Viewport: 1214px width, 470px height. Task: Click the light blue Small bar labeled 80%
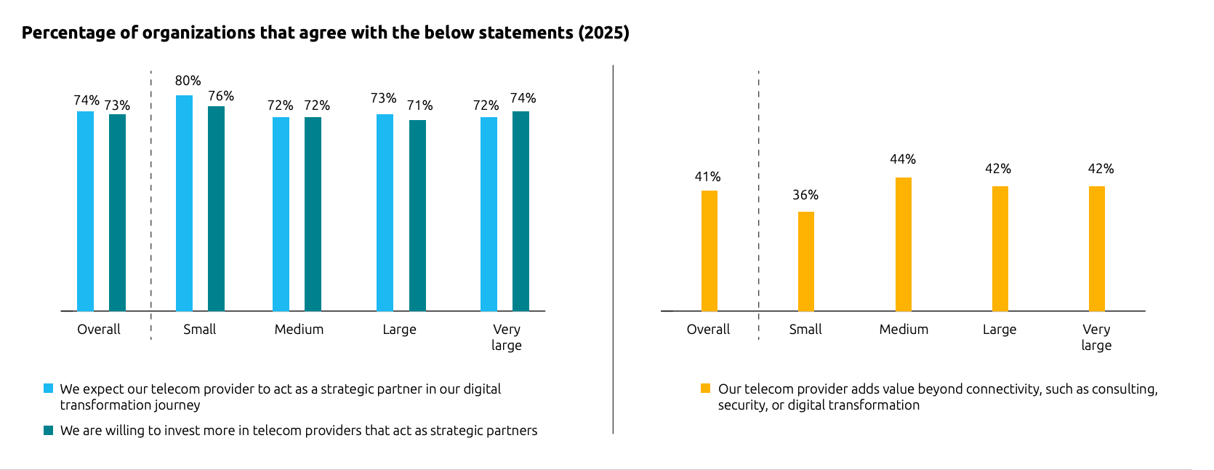click(184, 203)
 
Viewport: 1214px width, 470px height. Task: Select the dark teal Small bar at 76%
click(216, 209)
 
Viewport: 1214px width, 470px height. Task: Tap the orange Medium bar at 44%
click(903, 244)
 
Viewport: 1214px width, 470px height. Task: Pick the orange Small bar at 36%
click(805, 261)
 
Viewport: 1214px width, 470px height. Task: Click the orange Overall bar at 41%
click(709, 251)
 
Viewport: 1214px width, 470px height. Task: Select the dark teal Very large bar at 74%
click(520, 211)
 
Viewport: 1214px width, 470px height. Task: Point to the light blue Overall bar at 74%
click(85, 211)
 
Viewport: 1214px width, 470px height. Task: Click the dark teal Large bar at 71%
click(417, 215)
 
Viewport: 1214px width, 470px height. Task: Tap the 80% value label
click(188, 81)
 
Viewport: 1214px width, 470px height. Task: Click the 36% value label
click(805, 195)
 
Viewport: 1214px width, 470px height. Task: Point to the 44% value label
click(903, 159)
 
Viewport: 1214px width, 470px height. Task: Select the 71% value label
click(419, 105)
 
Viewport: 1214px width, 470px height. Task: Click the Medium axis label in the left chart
click(299, 330)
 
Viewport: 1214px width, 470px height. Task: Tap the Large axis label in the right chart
click(1000, 330)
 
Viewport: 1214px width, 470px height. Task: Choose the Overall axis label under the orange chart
click(708, 330)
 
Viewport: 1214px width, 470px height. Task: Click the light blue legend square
click(49, 389)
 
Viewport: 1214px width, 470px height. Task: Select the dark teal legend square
click(49, 430)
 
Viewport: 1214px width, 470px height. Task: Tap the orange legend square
click(705, 389)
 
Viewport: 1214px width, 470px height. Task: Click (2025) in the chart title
click(603, 33)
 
